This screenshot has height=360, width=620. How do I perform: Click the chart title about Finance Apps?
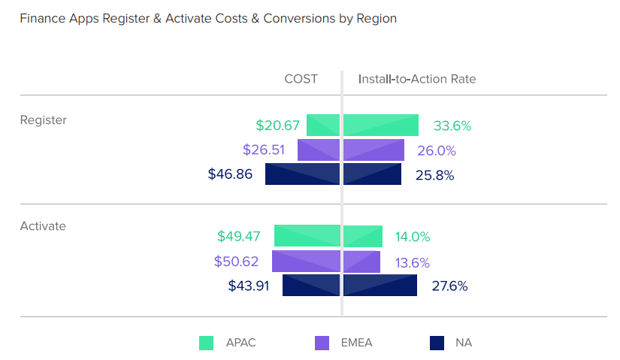208,19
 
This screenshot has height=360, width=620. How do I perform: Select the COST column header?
301,79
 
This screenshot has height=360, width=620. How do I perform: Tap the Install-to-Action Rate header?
417,79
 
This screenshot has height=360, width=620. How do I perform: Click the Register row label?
43,119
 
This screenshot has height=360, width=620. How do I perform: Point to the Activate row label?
43,225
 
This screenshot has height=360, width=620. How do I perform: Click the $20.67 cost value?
277,126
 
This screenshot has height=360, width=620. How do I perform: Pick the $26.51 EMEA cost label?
264,150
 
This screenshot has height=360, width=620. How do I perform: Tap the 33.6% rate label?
452,126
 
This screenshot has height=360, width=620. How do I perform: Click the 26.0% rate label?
437,150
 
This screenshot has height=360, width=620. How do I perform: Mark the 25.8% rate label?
435,175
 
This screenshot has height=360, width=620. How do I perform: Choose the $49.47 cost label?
239,236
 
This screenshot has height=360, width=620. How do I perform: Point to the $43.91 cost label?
248,286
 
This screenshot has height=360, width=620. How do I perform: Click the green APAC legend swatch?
207,343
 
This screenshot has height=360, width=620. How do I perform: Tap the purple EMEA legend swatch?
322,343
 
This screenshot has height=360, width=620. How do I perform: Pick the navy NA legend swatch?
437,343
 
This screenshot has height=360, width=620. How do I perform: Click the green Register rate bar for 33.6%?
381,126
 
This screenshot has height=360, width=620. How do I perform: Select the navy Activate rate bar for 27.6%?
380,286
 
